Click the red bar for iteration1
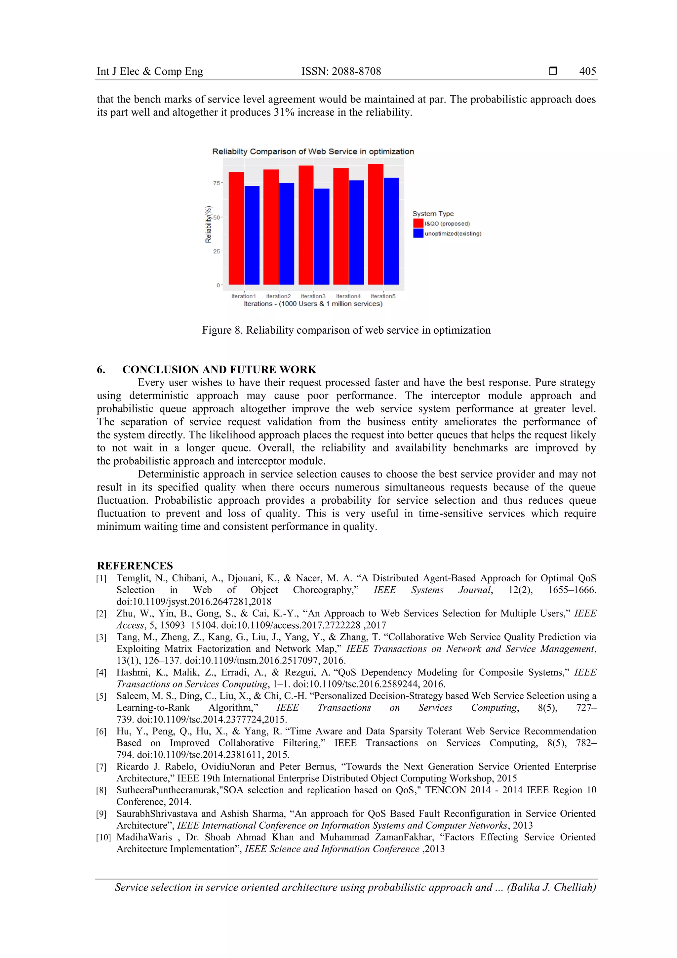[236, 228]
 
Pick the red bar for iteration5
[376, 224]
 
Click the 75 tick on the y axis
[216, 183]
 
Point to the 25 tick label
[216, 251]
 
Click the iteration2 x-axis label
[278, 296]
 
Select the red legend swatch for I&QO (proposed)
[418, 224]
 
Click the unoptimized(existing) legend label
[453, 234]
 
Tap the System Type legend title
[433, 214]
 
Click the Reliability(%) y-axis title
[208, 225]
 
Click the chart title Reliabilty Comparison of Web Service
[313, 151]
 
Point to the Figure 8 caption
[346, 330]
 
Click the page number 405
[587, 71]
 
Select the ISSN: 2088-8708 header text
[341, 71]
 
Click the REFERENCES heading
[135, 565]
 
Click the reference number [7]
[101, 767]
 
